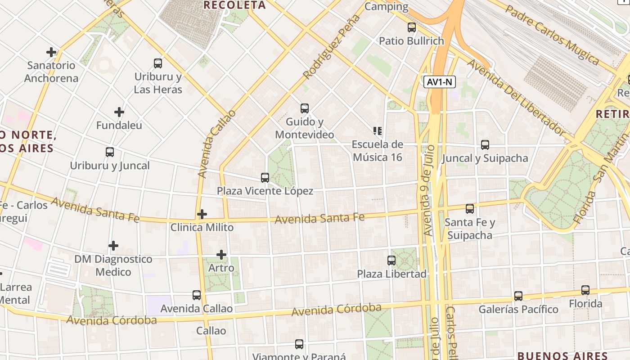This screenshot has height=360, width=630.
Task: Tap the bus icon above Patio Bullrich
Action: (x=412, y=27)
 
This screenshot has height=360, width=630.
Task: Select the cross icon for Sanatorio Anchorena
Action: (x=51, y=52)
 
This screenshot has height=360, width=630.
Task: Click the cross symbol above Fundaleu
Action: (x=119, y=112)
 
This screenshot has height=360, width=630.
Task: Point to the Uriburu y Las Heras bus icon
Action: (x=158, y=63)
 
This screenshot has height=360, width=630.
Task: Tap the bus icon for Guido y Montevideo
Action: (x=305, y=108)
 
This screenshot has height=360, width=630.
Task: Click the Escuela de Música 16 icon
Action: (x=378, y=131)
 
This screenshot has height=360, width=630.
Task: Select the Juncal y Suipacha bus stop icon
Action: (x=485, y=145)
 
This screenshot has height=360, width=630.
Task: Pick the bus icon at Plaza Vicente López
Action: (x=265, y=178)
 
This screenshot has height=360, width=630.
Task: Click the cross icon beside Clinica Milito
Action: (x=202, y=214)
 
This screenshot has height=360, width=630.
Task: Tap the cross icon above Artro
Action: (x=221, y=255)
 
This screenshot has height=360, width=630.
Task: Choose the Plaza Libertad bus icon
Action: (x=391, y=261)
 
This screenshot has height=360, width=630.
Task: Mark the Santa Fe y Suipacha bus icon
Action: (x=470, y=209)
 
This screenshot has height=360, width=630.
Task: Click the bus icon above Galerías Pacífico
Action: (x=518, y=296)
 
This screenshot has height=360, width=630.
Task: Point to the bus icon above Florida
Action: (x=585, y=290)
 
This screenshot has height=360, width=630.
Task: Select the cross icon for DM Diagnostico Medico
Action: (x=113, y=246)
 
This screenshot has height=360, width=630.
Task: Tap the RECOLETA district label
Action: (x=234, y=5)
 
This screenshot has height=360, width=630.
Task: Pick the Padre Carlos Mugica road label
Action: (x=553, y=35)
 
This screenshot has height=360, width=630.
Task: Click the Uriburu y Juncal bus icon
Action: (x=110, y=152)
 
